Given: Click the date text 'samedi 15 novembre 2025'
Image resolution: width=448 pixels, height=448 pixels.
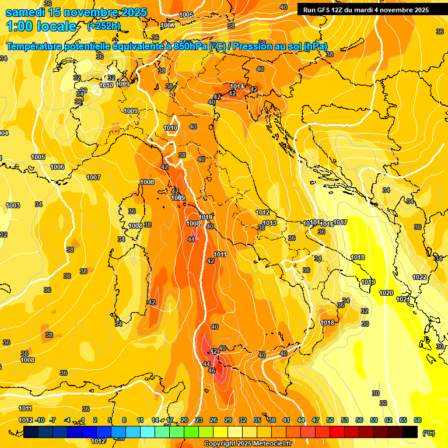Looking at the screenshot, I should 76,12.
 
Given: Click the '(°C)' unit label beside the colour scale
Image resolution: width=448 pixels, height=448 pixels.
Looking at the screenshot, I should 429,433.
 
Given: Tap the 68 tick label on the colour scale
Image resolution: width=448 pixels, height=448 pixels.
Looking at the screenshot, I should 418,420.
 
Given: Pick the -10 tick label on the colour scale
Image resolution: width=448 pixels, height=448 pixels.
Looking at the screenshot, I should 40,420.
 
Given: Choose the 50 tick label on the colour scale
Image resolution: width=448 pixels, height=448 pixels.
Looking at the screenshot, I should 330,420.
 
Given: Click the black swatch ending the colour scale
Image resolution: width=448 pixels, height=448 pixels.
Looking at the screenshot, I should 410,432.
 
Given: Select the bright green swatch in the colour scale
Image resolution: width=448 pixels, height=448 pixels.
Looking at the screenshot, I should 191,432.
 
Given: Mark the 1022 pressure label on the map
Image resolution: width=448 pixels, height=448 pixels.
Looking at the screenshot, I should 419,277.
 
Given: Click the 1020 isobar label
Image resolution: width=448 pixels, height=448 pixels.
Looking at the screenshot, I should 386,293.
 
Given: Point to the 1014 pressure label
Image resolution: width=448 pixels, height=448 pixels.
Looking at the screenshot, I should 237,86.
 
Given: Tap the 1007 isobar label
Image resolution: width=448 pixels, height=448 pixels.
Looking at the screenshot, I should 93,177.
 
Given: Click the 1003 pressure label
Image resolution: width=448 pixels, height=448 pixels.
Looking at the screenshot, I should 13,205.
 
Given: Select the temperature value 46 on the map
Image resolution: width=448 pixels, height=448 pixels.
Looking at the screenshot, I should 212,370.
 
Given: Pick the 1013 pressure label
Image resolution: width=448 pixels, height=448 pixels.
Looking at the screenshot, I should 269,223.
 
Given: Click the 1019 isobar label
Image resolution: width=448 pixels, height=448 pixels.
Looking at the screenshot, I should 368,282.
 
